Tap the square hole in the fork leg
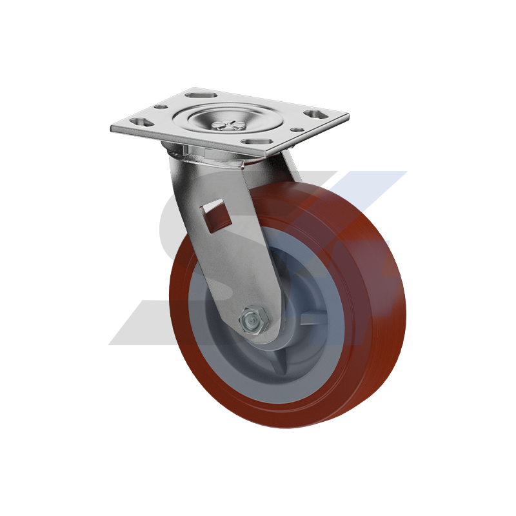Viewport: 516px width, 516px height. point(216,217)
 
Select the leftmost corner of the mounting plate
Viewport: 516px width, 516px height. point(112,129)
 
